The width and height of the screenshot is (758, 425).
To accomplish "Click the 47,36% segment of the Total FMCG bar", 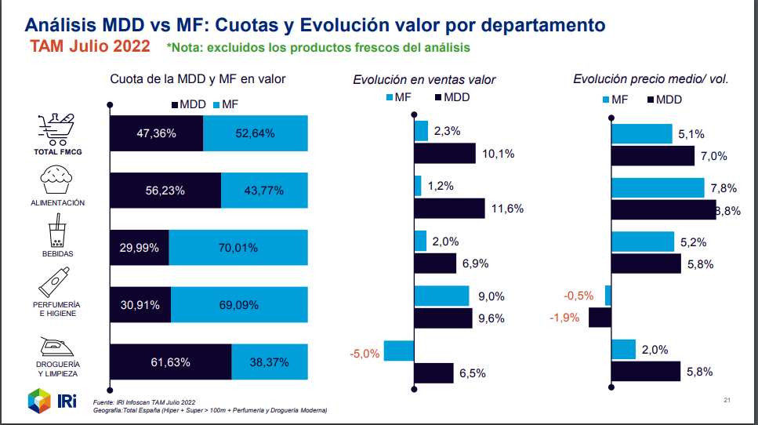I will (156, 133).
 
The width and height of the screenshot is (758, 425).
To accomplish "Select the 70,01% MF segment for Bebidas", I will (238, 248).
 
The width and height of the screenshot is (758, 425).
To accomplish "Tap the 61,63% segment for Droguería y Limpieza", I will (170, 362).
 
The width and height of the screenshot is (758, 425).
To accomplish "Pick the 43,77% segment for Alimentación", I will (263, 191).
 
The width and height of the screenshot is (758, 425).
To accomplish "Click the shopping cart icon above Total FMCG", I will (58, 128).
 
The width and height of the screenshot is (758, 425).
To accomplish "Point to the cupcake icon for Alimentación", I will (58, 181).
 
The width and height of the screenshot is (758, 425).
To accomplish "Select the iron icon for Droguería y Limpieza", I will (58, 347).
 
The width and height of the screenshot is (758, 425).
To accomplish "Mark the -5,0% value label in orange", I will (364, 354).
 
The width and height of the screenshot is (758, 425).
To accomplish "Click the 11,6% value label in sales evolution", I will (507, 209).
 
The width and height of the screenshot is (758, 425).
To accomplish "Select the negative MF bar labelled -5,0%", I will (399, 351).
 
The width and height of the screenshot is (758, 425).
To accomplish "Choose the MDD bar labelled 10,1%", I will (444, 153).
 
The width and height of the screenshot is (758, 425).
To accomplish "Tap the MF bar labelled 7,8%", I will (657, 187).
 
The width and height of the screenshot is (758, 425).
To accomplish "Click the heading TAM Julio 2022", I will (91, 46).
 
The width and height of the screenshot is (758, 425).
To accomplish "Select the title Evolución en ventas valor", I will (424, 79).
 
